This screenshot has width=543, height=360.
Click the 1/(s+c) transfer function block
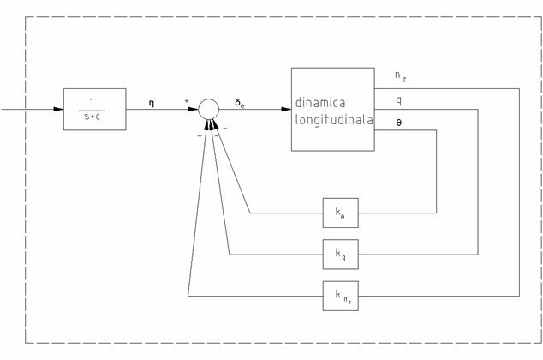pos(94,109)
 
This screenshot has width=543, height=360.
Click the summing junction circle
pos(209,109)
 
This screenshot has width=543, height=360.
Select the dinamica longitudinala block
pos(332,109)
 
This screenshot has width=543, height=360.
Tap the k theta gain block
pos(340,213)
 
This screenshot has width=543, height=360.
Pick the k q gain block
pos(340,254)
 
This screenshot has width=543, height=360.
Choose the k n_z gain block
pos(340,295)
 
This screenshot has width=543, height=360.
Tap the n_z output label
pos(400,77)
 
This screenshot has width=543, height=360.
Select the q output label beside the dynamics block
pos(398,99)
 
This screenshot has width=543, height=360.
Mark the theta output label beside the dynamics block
pos(398,122)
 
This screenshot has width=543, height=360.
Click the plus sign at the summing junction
pos(186,100)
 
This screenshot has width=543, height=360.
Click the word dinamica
pos(320,102)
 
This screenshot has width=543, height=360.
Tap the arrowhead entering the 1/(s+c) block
pos(59,109)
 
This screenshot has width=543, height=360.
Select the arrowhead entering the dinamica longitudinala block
pos(286,109)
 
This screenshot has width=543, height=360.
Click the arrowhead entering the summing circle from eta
pos(194,109)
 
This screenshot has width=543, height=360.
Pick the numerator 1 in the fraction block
pos(94,100)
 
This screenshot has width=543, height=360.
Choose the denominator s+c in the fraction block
pos(94,117)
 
